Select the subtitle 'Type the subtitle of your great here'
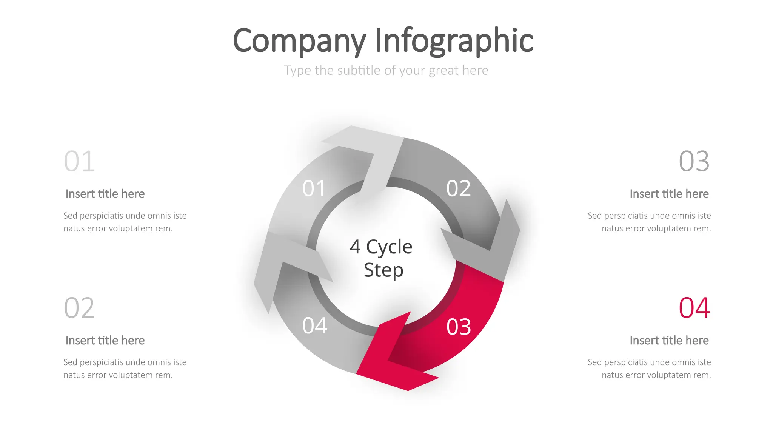(386, 71)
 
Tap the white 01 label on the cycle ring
(314, 188)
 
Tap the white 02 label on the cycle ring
(458, 188)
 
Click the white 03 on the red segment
(458, 327)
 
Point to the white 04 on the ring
(314, 325)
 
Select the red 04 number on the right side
(694, 308)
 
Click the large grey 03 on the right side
(694, 161)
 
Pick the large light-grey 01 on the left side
(79, 161)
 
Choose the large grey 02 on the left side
(79, 308)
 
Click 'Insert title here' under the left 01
(105, 194)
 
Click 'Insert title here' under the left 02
(105, 340)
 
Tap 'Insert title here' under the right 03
(669, 194)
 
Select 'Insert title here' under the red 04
(669, 340)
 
